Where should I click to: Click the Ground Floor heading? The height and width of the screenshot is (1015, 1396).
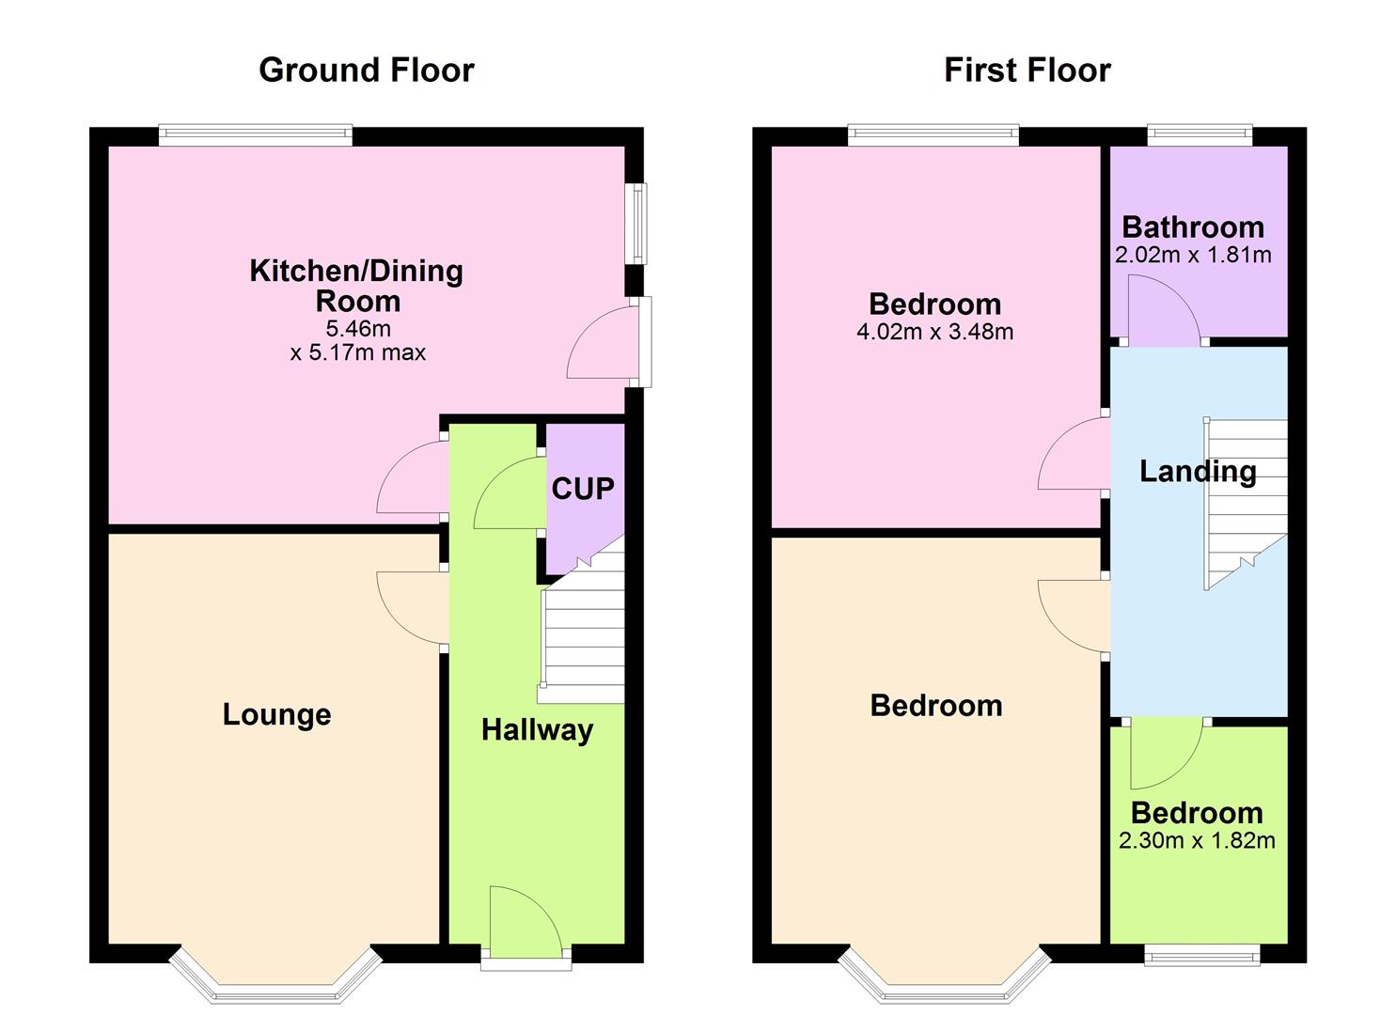pos(366,70)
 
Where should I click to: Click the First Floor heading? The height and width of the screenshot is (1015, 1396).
pos(1027,70)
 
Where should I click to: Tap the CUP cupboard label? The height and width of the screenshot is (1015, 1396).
pos(582,488)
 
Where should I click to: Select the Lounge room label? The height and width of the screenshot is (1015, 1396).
pos(276,714)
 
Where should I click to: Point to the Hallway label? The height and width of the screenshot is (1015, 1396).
pos(537,729)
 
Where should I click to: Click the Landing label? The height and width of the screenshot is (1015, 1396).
pos(1197,471)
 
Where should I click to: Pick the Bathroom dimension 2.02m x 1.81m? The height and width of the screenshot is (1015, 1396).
pos(1193,255)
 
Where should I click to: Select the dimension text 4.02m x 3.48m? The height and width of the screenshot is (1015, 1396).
pos(934,331)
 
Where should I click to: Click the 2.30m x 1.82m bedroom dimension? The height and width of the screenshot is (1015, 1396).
pos(1197,840)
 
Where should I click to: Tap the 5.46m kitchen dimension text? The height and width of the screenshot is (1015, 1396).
pos(358,328)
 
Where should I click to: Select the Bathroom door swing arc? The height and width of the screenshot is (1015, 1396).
pos(1163,308)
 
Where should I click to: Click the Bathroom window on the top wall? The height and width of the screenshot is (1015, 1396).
pos(1200,135)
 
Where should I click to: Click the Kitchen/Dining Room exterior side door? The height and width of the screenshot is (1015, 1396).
pos(641,341)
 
